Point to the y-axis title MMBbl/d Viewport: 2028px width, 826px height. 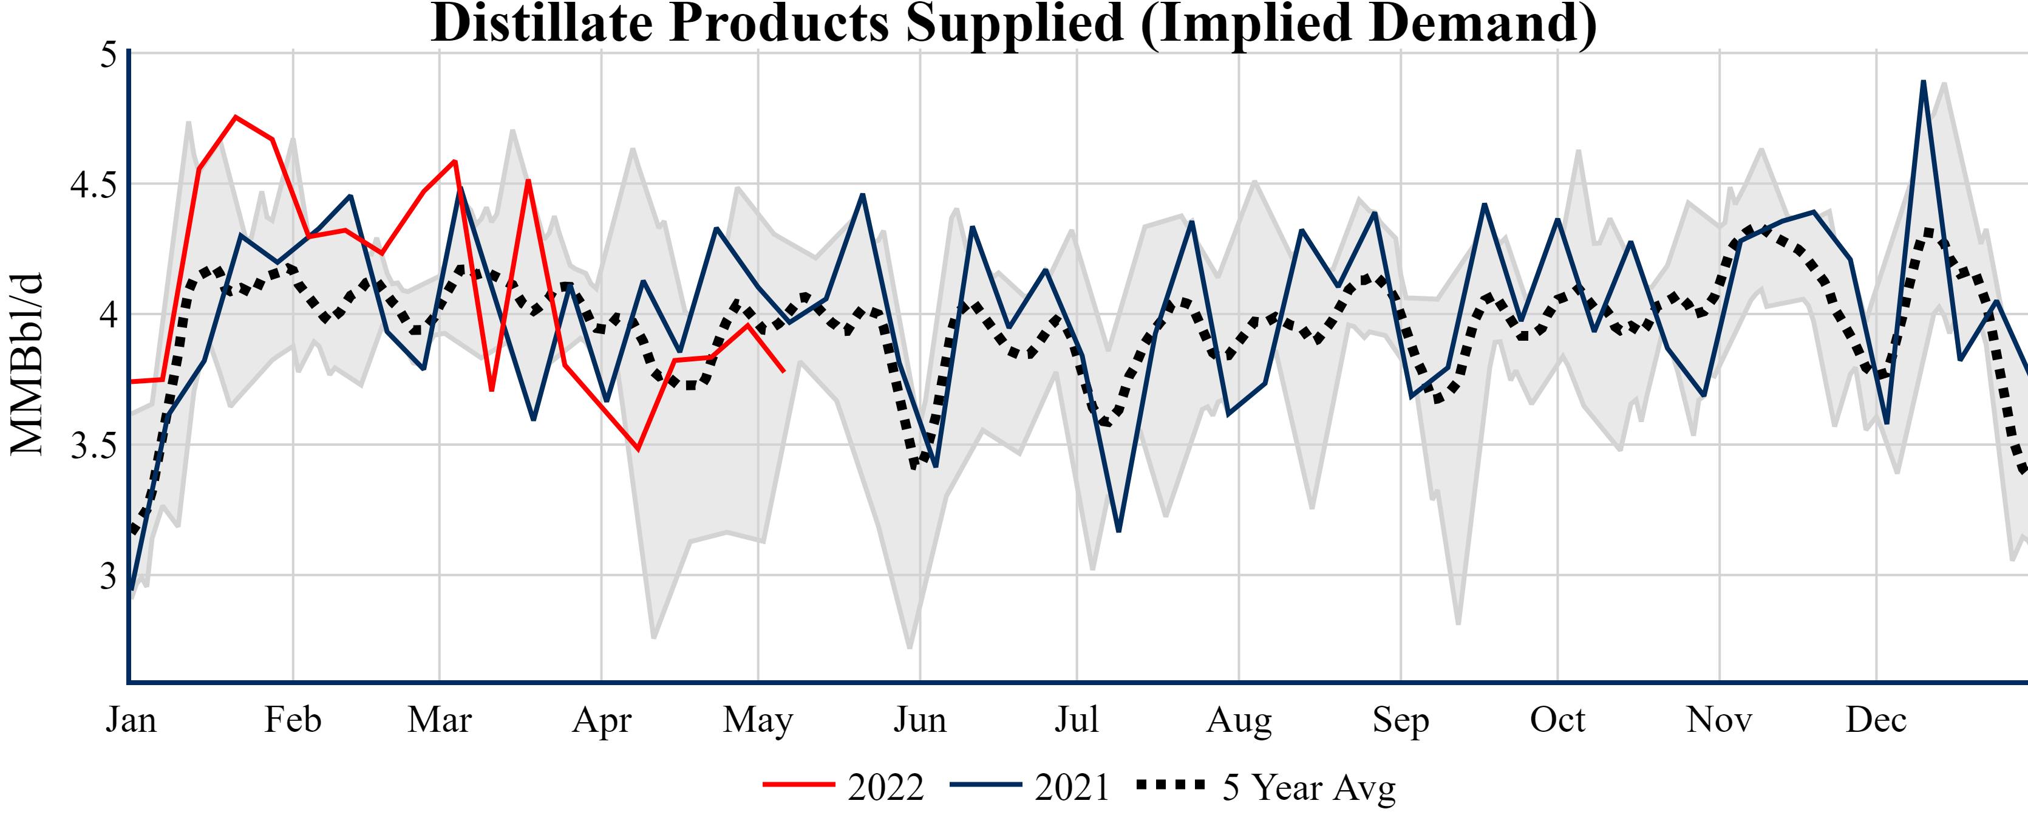pyautogui.click(x=27, y=364)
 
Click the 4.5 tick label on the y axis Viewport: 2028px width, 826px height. pyautogui.click(x=93, y=185)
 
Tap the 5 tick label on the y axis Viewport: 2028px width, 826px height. pyautogui.click(x=108, y=55)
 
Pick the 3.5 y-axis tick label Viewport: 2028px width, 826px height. pyautogui.click(x=93, y=446)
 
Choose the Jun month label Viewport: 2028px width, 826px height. pyautogui.click(x=919, y=719)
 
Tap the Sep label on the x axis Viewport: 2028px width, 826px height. pyautogui.click(x=1401, y=719)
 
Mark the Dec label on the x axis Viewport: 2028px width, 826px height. pyautogui.click(x=1876, y=719)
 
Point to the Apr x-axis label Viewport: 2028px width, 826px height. pyautogui.click(x=602, y=719)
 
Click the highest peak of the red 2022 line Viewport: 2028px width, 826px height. pyautogui.click(x=236, y=117)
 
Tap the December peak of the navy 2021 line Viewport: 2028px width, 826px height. pyautogui.click(x=1924, y=81)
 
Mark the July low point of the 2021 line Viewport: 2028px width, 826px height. pyautogui.click(x=1118, y=531)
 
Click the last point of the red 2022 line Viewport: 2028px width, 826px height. pyautogui.click(x=784, y=372)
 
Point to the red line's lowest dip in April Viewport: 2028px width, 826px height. pyautogui.click(x=638, y=449)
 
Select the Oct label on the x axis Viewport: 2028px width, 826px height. pyautogui.click(x=1557, y=719)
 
